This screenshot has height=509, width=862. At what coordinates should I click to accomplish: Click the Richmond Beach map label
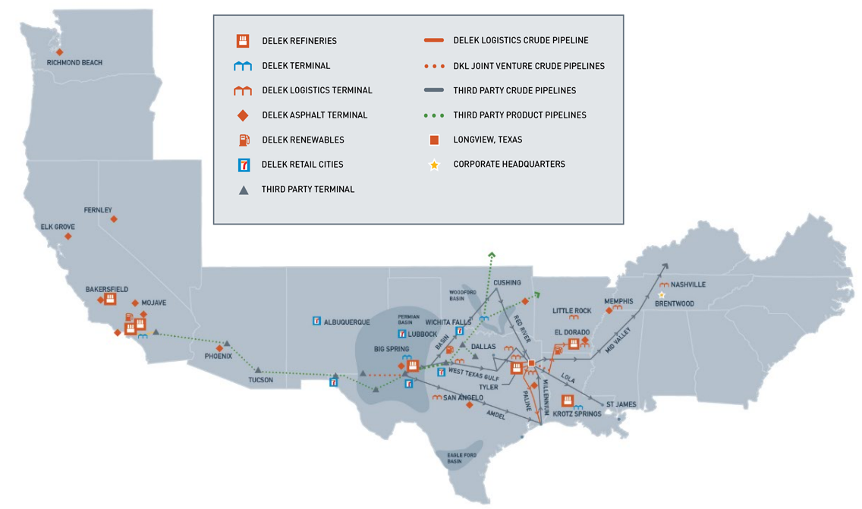coord(74,63)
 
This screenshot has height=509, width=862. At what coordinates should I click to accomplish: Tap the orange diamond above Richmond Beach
coord(60,52)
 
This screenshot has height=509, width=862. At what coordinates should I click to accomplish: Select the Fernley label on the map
coord(98,210)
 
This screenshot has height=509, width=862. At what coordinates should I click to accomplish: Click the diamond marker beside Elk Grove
coord(68,237)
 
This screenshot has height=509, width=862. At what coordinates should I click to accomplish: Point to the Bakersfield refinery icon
coord(110,299)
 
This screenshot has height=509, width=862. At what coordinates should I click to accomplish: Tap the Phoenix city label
coord(219,357)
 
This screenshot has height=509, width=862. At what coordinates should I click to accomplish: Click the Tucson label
coord(260,380)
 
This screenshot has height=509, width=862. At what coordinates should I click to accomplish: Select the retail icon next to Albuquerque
coord(317,322)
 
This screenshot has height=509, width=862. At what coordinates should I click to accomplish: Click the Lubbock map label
coord(423,335)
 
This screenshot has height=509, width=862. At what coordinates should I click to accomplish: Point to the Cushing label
coord(507,283)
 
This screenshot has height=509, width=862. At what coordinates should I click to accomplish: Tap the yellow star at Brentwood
coord(662,295)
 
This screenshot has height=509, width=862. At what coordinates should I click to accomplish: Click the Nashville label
coord(688,284)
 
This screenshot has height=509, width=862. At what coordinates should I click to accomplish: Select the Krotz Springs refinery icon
coord(567,401)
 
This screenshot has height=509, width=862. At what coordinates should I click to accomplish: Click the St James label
coord(620,404)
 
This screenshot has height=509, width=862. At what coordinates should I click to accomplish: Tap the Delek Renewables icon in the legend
coord(244,140)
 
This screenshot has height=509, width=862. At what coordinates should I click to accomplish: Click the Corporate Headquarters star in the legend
coord(434,165)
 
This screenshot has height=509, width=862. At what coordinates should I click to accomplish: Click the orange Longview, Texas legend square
coord(434,140)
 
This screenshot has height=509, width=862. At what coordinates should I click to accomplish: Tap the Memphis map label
coord(618,302)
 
